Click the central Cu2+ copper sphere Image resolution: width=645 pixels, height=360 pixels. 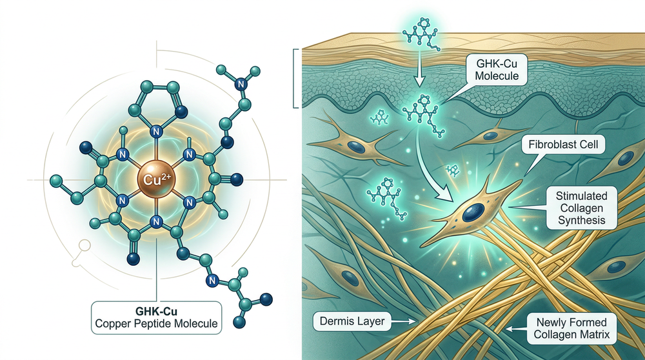pyautogui.click(x=156, y=180)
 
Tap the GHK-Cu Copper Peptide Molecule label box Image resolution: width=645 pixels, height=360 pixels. pyautogui.click(x=156, y=317)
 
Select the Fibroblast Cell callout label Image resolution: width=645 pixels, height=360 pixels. pyautogui.click(x=563, y=145)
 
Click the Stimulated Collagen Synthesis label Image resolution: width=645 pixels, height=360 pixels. pyautogui.click(x=581, y=208)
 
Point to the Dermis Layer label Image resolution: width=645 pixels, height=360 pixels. pyautogui.click(x=352, y=321)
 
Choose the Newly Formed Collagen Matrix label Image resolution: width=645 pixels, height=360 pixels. pyautogui.click(x=571, y=328)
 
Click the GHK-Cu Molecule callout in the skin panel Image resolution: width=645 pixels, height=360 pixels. pyautogui.click(x=497, y=70)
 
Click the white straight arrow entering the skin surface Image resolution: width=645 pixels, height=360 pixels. pyautogui.click(x=419, y=68)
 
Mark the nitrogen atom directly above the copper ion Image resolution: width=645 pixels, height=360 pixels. pyautogui.click(x=156, y=132)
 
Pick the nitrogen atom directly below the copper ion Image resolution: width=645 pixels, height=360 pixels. pyautogui.click(x=155, y=222)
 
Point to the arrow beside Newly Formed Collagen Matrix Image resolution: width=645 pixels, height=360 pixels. pyautogui.click(x=516, y=329)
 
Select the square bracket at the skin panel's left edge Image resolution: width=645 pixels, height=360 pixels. pyautogui.click(x=295, y=78)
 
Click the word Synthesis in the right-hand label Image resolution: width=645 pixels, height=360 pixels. pyautogui.click(x=582, y=220)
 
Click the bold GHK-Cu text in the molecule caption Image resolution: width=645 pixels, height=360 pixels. pyautogui.click(x=156, y=311)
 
